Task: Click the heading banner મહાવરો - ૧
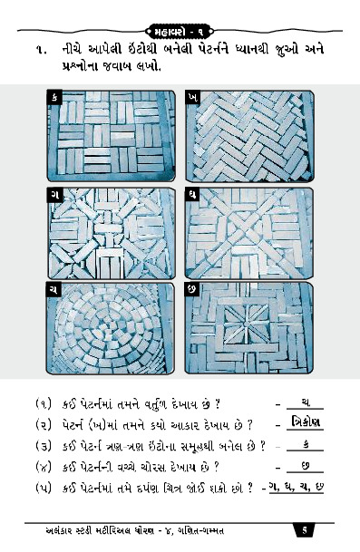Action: tap(180, 32)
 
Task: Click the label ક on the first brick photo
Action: tap(54, 97)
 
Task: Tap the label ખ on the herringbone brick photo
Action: tap(192, 98)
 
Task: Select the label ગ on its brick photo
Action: tap(54, 195)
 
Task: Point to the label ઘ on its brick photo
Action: tap(192, 195)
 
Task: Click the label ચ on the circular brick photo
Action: tap(54, 289)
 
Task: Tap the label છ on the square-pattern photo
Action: tap(192, 289)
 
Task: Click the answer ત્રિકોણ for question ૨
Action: tap(305, 422)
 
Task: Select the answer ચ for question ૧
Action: tap(306, 402)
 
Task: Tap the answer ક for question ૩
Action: tap(306, 445)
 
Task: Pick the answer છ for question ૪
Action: tap(306, 466)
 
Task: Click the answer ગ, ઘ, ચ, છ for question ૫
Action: tap(297, 488)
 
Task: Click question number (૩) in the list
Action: tap(44, 446)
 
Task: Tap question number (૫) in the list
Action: tap(44, 489)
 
